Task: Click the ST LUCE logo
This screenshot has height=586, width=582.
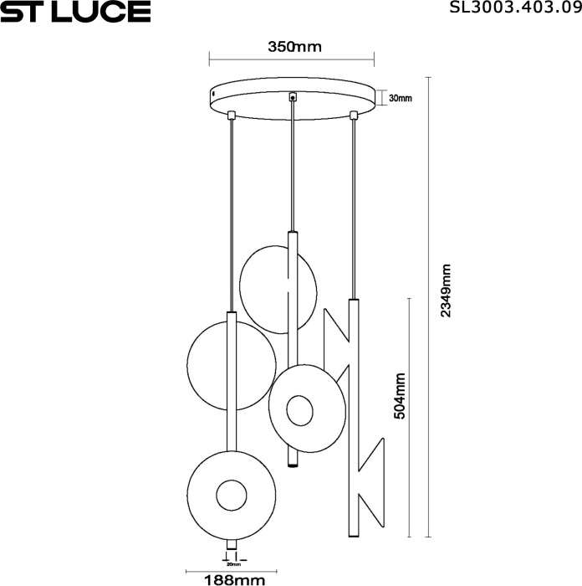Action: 75,11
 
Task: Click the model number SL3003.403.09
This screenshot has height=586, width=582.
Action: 515,7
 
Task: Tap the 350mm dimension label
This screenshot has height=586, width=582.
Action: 294,47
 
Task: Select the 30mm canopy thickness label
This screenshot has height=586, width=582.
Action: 401,98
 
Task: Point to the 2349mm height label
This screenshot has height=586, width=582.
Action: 446,290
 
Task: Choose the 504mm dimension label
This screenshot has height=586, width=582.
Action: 400,396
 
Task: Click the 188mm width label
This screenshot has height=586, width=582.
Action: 235,580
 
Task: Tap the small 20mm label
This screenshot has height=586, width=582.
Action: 233,564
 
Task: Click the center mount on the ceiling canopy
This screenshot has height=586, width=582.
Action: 293,97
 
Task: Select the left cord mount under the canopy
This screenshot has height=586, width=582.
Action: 232,114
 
